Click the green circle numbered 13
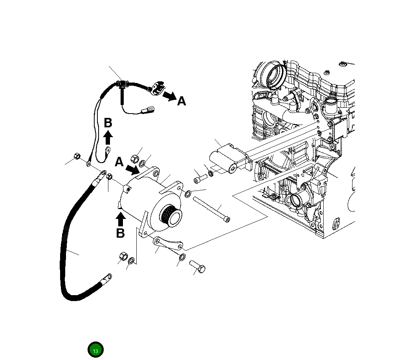point(95,350)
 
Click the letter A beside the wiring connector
point(181,101)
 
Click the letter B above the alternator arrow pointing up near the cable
point(108,123)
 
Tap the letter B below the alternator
point(120,233)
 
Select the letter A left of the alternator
point(119,162)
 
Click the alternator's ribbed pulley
point(172,216)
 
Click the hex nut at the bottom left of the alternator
point(123,257)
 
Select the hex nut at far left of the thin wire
point(77,156)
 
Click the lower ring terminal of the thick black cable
point(106,278)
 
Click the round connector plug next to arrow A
point(158,88)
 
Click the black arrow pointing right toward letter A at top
point(170,96)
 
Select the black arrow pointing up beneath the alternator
point(121,219)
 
